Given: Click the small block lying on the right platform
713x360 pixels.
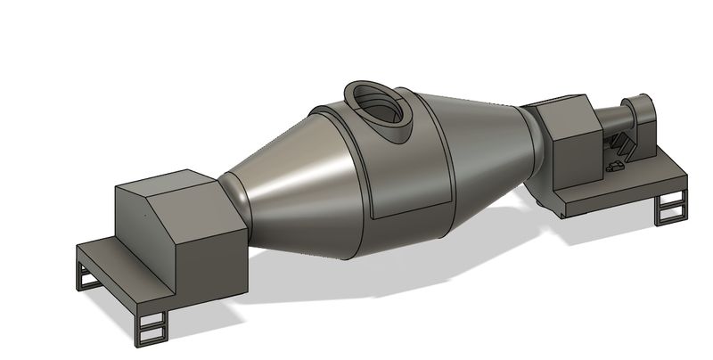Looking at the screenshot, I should coord(614,166).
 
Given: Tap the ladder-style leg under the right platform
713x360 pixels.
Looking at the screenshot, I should coord(669,209).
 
